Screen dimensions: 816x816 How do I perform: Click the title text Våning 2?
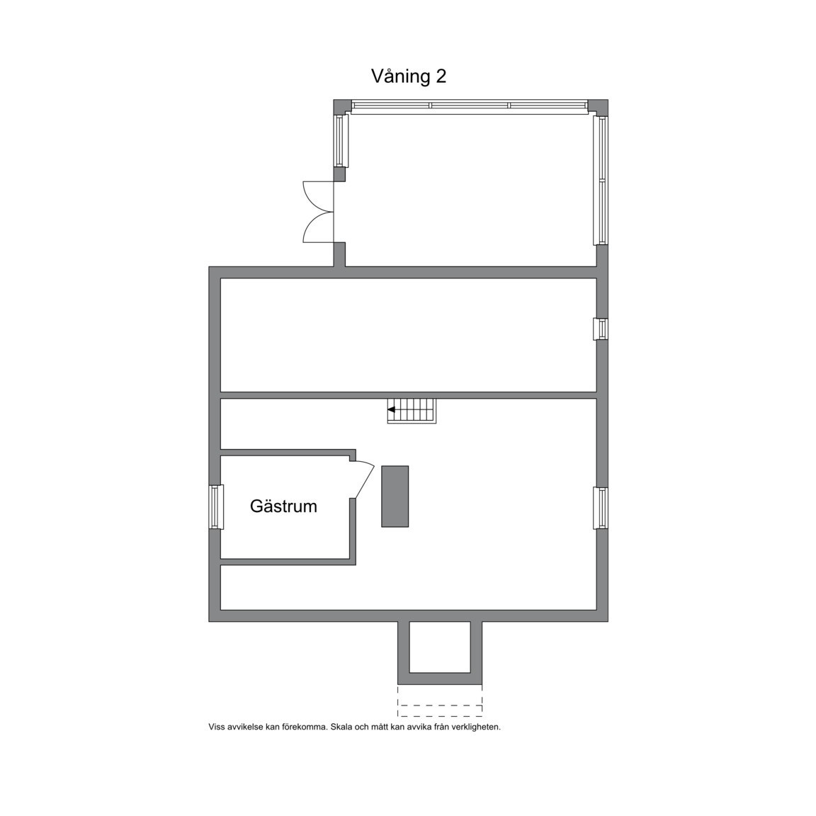tap(409, 76)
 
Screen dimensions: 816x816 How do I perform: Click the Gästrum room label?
tap(283, 506)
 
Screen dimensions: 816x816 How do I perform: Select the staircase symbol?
tap(412, 411)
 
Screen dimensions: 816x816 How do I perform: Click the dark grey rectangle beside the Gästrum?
tap(395, 496)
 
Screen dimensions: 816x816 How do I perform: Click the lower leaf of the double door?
tap(317, 228)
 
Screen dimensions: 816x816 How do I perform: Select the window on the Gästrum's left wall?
tap(216, 506)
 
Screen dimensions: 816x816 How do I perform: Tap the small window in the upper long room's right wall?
tap(600, 329)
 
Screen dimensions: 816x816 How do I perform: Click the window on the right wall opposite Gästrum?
tap(600, 508)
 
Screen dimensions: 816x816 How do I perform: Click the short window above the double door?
tap(341, 140)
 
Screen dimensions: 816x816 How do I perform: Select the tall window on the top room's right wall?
tap(601, 181)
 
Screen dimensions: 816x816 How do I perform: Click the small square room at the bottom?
tap(440, 647)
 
